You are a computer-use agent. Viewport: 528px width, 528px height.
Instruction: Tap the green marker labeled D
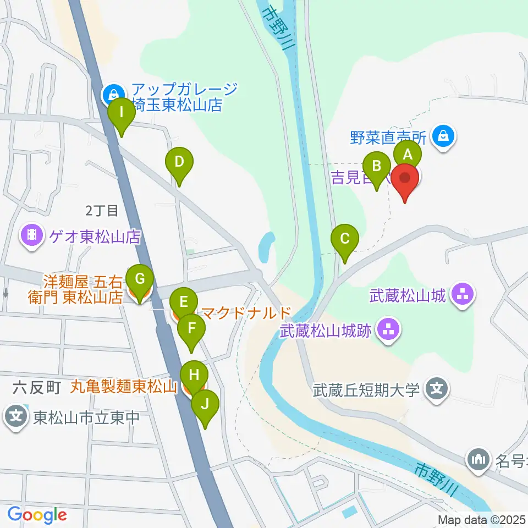tap(179, 163)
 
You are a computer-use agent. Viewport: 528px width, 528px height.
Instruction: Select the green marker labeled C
tap(345, 240)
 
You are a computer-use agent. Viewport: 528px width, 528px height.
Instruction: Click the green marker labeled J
tap(205, 406)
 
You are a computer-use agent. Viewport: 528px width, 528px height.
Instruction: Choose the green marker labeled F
tap(191, 330)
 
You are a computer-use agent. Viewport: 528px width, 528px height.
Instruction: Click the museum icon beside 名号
tap(477, 458)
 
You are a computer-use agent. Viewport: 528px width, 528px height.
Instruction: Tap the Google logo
tap(37, 515)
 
